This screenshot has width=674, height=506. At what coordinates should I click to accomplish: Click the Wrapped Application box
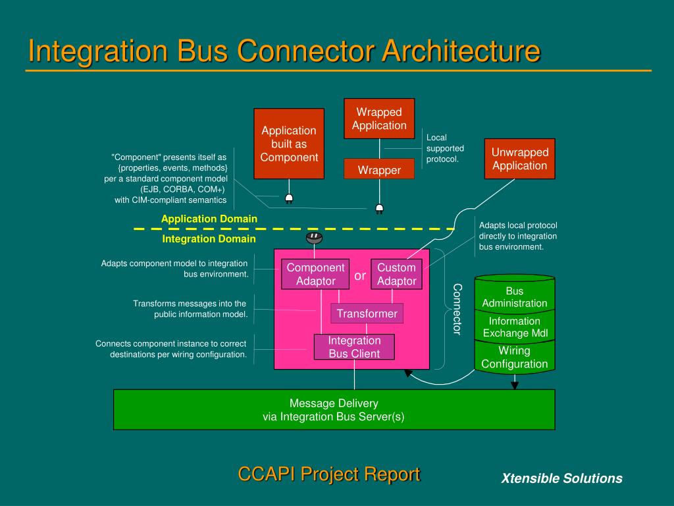tap(379, 119)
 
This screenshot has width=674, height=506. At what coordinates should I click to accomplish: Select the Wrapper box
tap(379, 170)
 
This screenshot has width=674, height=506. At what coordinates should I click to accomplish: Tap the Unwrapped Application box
tap(520, 159)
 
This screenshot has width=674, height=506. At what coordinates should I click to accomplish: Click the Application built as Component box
tap(289, 144)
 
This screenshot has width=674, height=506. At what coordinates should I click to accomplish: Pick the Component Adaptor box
tap(315, 274)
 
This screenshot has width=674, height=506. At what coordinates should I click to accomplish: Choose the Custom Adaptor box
tap(396, 274)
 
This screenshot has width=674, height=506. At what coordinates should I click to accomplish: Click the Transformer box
tap(367, 314)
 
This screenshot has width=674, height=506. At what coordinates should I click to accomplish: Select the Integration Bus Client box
tap(354, 347)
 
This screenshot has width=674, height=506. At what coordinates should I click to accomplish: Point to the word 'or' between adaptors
tap(360, 275)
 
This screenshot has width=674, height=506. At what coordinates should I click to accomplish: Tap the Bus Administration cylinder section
tap(515, 297)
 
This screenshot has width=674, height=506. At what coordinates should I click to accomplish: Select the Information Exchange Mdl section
tap(515, 327)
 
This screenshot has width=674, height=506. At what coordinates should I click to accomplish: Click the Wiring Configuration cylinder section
tap(515, 357)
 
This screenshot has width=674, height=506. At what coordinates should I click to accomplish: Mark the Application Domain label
tap(209, 219)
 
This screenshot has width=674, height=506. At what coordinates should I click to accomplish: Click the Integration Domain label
tap(209, 239)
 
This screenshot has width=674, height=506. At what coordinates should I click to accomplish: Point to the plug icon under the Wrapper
tap(379, 209)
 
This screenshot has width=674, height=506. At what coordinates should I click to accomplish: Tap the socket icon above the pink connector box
tap(315, 237)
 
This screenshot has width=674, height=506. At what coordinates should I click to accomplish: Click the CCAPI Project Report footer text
tap(328, 474)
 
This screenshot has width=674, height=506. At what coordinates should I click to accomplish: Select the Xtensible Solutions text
tap(561, 478)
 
